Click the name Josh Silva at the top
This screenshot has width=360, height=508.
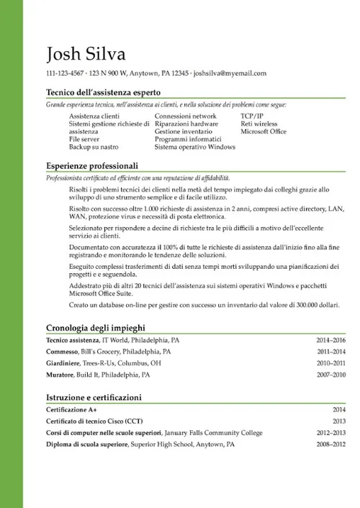(x=85, y=54)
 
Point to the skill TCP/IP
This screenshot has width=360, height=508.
(x=252, y=115)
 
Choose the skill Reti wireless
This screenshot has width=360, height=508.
(x=259, y=124)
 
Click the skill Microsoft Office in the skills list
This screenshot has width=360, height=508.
(x=264, y=132)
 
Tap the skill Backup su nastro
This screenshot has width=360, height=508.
(x=94, y=147)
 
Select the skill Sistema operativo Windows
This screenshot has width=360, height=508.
(x=195, y=147)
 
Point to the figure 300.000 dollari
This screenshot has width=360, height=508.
(x=314, y=305)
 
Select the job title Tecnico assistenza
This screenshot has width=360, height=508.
(x=73, y=339)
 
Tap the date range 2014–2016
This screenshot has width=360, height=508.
(x=331, y=339)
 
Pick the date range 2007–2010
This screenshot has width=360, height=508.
(x=331, y=375)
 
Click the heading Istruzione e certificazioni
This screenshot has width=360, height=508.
(x=94, y=397)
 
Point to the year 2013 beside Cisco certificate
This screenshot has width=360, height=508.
(x=339, y=421)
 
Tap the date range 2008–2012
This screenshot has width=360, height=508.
(x=331, y=445)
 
